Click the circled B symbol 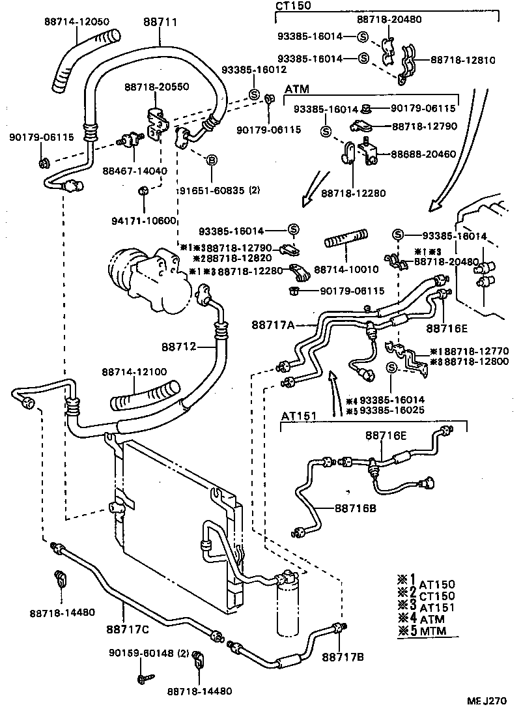click(x=212, y=160)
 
